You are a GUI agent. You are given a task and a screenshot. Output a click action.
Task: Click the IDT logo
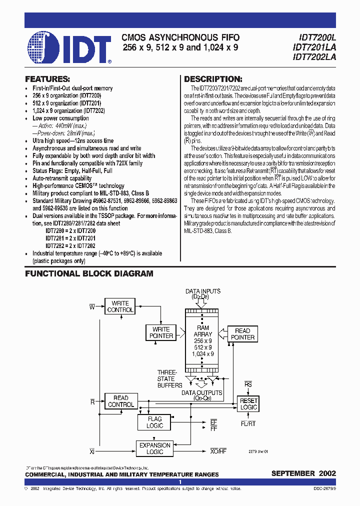pyautogui.click(x=69, y=48)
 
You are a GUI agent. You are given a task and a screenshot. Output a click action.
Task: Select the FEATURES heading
pyautogui.click(x=47, y=79)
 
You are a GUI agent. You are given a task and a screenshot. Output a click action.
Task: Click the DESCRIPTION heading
pyautogui.click(x=213, y=79)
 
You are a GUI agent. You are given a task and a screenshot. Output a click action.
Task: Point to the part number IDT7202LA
pyautogui.click(x=314, y=57)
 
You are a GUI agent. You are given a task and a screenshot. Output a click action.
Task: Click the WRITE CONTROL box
pyautogui.click(x=120, y=306)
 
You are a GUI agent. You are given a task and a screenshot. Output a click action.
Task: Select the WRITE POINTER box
pyautogui.click(x=161, y=332)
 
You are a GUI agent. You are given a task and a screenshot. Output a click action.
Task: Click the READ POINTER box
pyautogui.click(x=242, y=334)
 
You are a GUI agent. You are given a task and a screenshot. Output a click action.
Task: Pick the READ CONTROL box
pyautogui.click(x=121, y=401)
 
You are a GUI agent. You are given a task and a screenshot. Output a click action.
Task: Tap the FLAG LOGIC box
pyautogui.click(x=154, y=422)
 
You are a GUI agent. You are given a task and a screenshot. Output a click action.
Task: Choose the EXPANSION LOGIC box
pyautogui.click(x=154, y=448)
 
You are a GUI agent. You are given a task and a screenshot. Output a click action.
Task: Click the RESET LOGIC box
pyautogui.click(x=248, y=404)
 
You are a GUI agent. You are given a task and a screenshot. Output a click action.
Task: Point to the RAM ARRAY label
pyautogui.click(x=203, y=331)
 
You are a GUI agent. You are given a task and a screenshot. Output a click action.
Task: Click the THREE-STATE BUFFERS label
pyautogui.click(x=166, y=378)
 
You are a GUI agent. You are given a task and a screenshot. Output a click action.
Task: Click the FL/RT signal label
pyautogui.click(x=248, y=423)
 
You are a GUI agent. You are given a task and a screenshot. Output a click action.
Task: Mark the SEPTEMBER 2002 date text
pyautogui.click(x=303, y=473)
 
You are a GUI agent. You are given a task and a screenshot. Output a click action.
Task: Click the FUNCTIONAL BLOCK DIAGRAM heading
pyautogui.click(x=89, y=274)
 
